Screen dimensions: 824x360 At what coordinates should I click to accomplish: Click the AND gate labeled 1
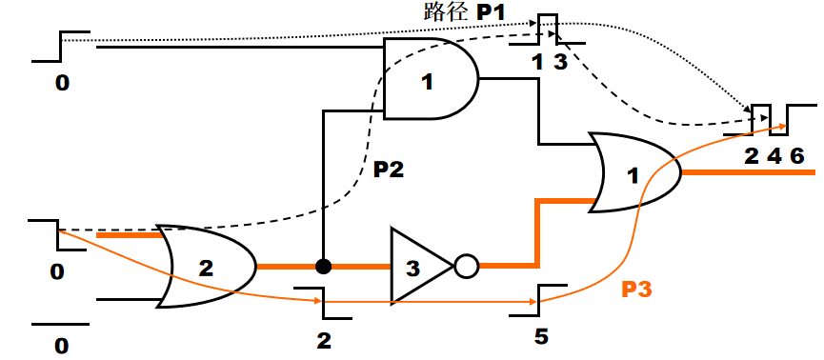click(x=431, y=79)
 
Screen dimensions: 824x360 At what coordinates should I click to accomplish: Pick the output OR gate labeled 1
click(x=634, y=172)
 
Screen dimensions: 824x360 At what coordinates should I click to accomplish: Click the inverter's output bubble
click(x=467, y=267)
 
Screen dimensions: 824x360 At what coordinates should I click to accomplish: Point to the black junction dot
click(x=323, y=267)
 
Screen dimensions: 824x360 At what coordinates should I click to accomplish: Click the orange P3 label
click(x=636, y=290)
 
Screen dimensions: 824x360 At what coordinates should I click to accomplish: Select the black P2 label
click(x=389, y=170)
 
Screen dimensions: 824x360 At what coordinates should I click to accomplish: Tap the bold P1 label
click(x=491, y=12)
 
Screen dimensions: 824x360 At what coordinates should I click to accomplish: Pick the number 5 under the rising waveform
click(x=541, y=337)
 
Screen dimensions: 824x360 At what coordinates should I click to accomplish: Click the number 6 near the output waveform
click(x=796, y=156)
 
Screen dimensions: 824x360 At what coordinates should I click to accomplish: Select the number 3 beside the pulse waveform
click(x=561, y=63)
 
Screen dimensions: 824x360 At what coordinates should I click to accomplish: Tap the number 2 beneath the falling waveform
click(x=324, y=342)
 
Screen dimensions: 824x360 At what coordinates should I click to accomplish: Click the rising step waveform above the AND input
click(x=61, y=47)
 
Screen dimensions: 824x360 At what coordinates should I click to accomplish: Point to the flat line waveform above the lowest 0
click(x=60, y=324)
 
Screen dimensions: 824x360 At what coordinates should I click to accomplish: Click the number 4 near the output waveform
click(x=774, y=156)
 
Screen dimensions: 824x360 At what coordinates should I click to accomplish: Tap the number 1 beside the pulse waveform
click(x=537, y=63)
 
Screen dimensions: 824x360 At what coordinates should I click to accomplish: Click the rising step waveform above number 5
click(x=538, y=301)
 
